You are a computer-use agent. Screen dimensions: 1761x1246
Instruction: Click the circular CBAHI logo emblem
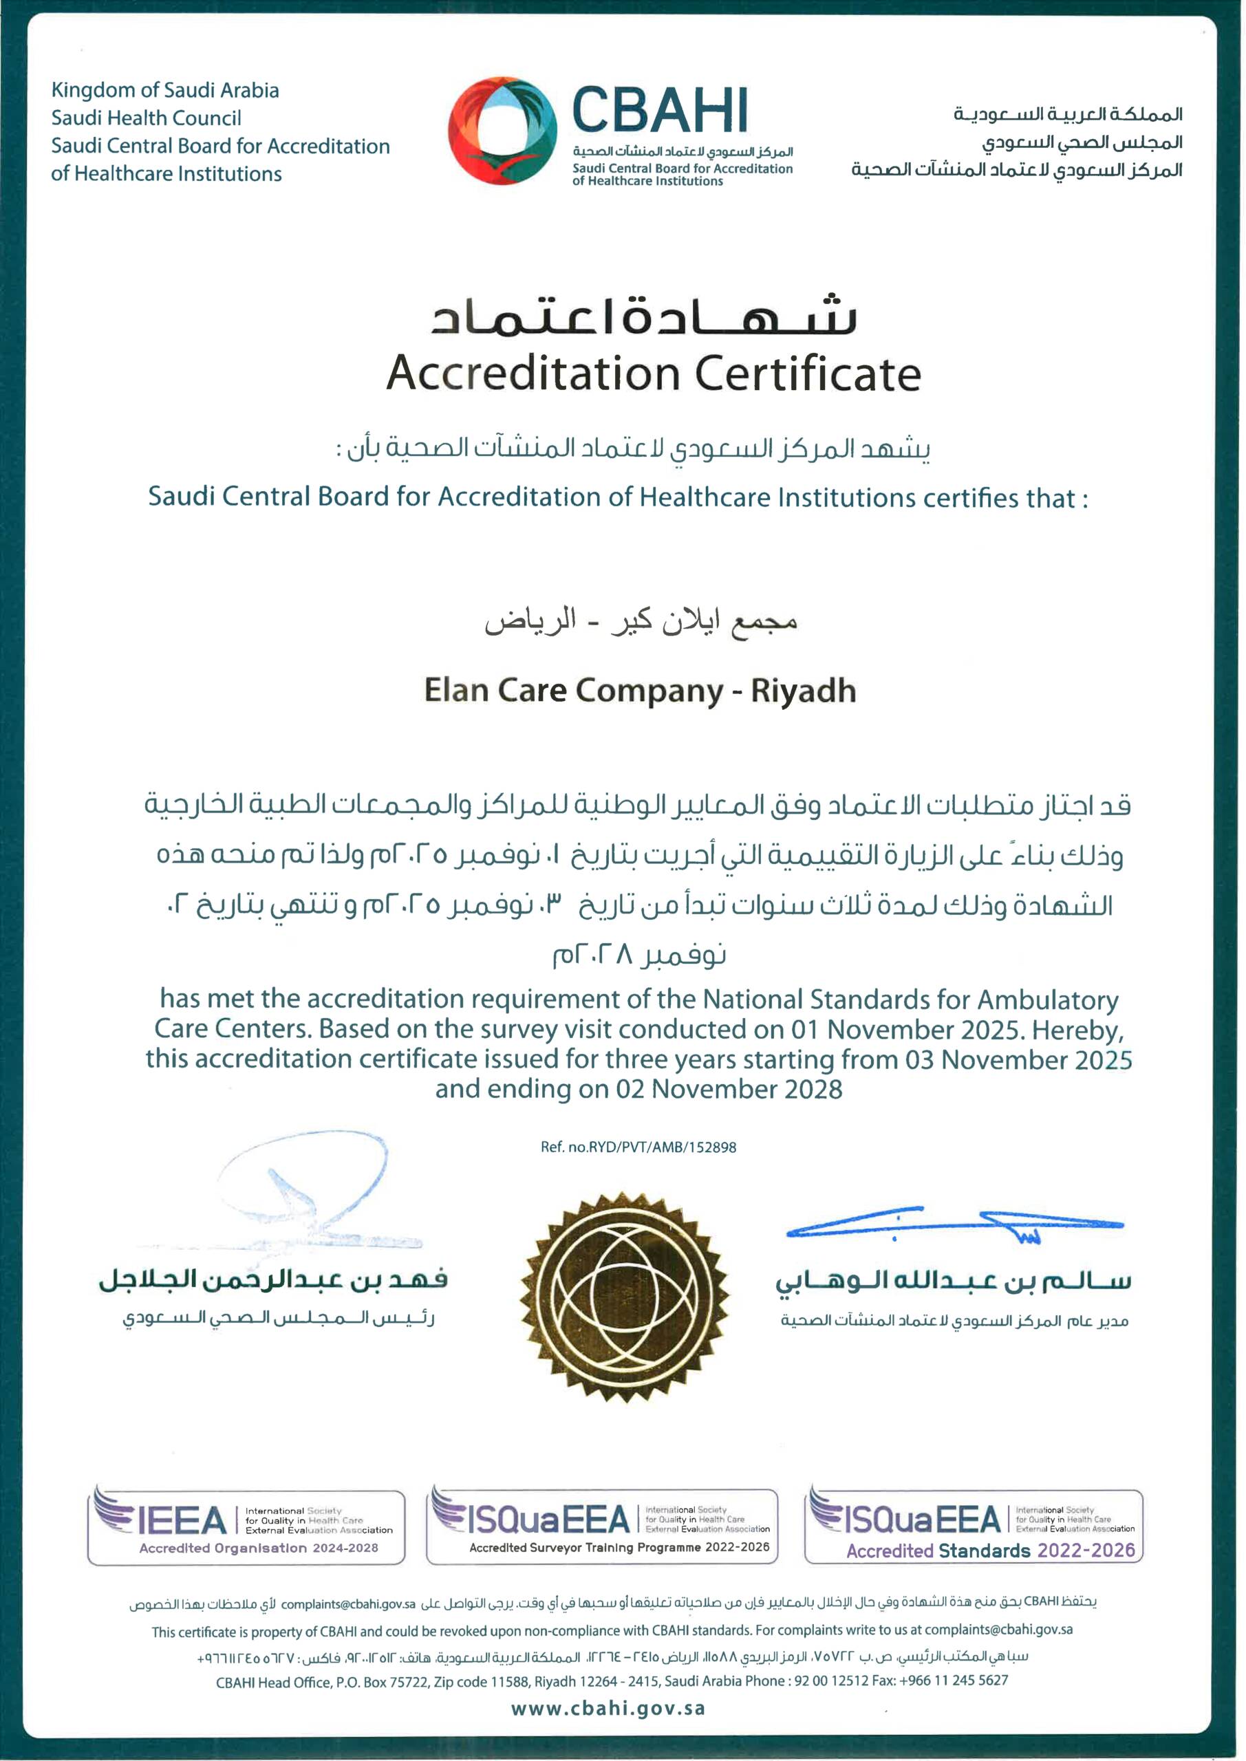502,131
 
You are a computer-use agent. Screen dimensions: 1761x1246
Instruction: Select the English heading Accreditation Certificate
653,374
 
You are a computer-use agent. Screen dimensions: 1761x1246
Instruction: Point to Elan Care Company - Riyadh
640,690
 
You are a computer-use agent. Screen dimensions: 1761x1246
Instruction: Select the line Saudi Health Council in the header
146,118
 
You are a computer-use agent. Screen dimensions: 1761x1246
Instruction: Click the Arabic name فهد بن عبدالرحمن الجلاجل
273,1280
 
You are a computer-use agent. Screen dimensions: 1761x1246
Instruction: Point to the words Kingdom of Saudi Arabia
165,91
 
